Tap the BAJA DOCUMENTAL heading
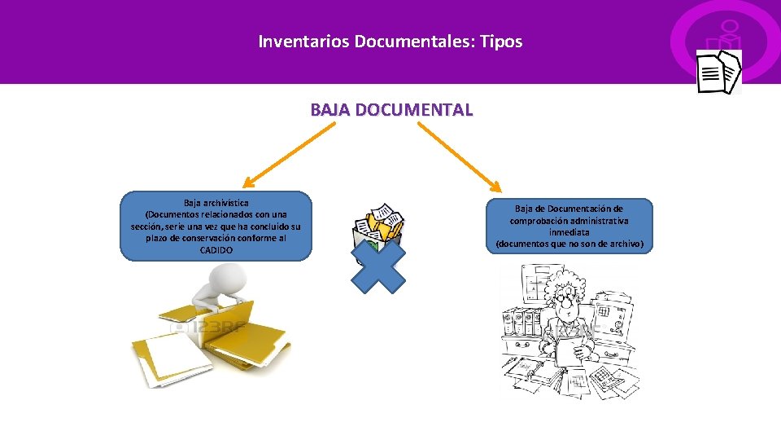(390, 109)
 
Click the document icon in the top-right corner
(719, 71)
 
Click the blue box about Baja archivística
(216, 226)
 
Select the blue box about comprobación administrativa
(569, 226)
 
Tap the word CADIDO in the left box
(216, 250)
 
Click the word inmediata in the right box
(569, 232)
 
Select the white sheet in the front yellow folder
(171, 351)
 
